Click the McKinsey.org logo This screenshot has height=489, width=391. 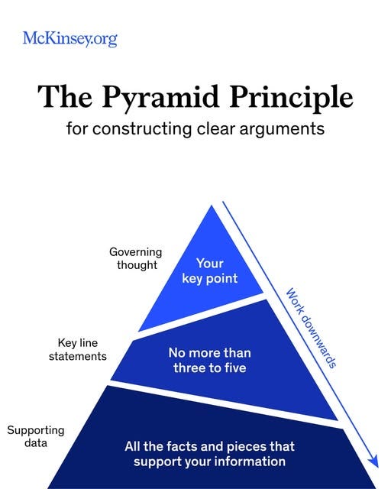[x=70, y=39]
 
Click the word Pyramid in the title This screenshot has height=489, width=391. [x=160, y=98]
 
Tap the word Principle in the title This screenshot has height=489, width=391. [x=291, y=97]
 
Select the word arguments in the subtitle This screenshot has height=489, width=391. [x=282, y=129]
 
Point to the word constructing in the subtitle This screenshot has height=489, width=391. [x=142, y=129]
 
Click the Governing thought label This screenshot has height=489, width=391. [x=136, y=258]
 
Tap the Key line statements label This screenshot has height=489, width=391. [x=78, y=350]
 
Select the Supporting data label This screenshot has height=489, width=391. [x=36, y=436]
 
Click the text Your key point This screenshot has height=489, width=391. [x=210, y=271]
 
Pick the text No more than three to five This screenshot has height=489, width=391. [x=210, y=360]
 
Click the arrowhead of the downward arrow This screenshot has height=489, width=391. [x=373, y=461]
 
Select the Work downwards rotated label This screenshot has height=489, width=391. [x=312, y=328]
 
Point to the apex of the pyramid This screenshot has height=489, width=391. [x=212, y=206]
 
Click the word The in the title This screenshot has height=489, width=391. [x=65, y=97]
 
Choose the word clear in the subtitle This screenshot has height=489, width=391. [x=216, y=129]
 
